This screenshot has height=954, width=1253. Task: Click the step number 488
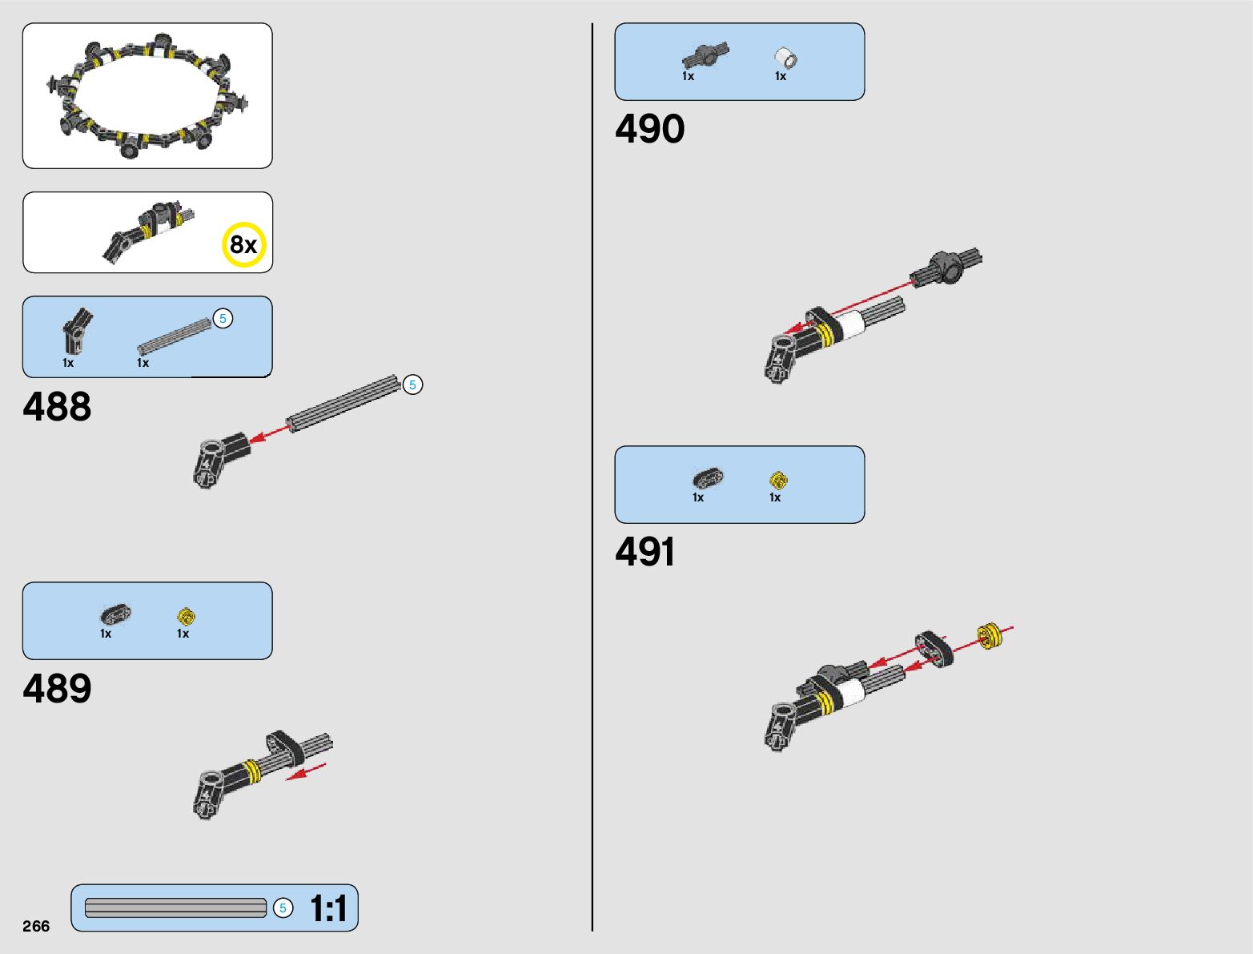click(x=57, y=406)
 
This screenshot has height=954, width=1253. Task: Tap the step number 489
click(x=57, y=688)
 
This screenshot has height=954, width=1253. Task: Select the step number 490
click(x=649, y=129)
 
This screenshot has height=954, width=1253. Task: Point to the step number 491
click(x=645, y=552)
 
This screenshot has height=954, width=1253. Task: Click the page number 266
click(x=36, y=926)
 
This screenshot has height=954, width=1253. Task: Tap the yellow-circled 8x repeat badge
click(x=243, y=244)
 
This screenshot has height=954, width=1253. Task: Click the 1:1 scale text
click(x=328, y=908)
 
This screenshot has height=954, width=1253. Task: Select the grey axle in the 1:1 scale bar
click(x=175, y=908)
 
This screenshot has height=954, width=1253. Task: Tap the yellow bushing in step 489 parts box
click(x=186, y=616)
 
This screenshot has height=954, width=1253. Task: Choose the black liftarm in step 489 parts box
click(x=114, y=614)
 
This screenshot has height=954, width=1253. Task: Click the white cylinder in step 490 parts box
click(x=785, y=58)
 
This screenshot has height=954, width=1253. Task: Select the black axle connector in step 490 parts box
click(x=705, y=55)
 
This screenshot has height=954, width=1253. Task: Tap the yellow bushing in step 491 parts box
click(x=778, y=480)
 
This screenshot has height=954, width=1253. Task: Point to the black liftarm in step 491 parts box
click(x=708, y=478)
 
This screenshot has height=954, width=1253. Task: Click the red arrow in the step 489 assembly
click(x=307, y=771)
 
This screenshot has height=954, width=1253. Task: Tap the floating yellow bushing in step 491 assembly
click(x=990, y=637)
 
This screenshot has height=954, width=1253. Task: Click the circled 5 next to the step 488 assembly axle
click(x=412, y=385)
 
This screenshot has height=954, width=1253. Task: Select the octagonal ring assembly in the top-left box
click(x=147, y=96)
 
